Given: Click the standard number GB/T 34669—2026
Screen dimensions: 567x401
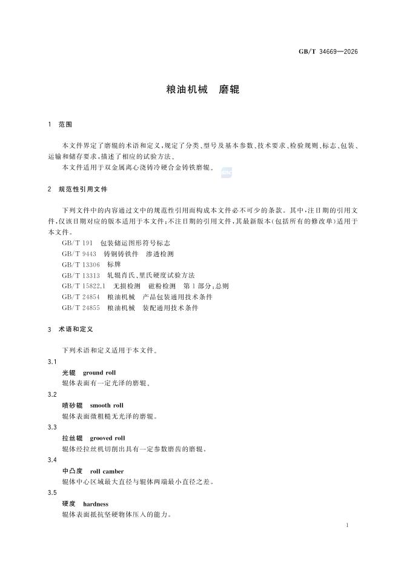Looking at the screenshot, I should click(328, 51).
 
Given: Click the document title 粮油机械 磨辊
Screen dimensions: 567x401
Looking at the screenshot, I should click(203, 90).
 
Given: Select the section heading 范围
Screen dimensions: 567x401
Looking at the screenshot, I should click(65, 124).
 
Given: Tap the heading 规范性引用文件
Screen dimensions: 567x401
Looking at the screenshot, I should click(83, 190).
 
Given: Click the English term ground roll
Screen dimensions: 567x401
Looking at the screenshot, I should click(99, 373).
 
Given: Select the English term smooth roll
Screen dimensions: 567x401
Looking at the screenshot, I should click(107, 405).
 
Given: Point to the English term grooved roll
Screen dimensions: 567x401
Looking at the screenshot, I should click(107, 438).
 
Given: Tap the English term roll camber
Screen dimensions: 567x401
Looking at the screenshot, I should click(107, 471).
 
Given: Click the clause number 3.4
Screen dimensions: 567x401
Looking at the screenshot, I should click(52, 460).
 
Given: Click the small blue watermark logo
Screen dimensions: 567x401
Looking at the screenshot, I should click(227, 173).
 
